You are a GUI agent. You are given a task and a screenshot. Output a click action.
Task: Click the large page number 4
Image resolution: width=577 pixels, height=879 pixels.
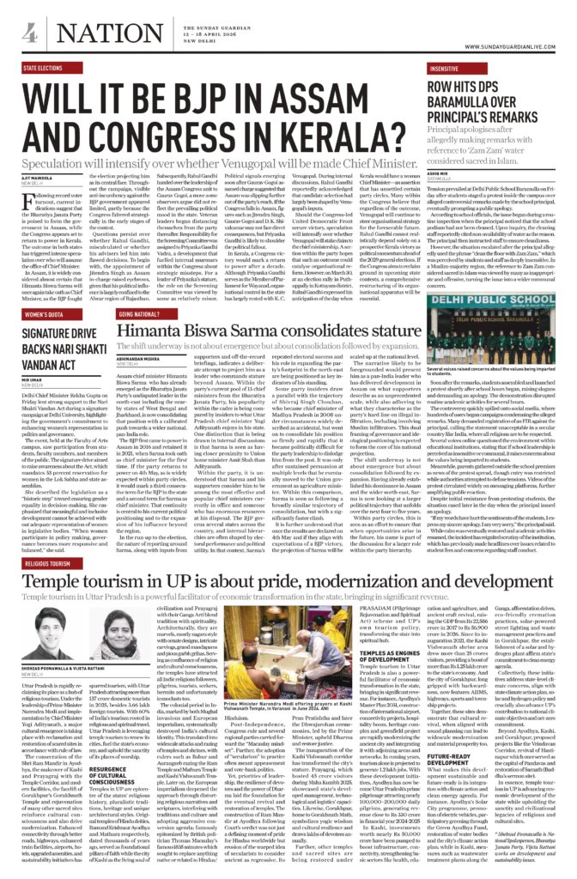(29, 33)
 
